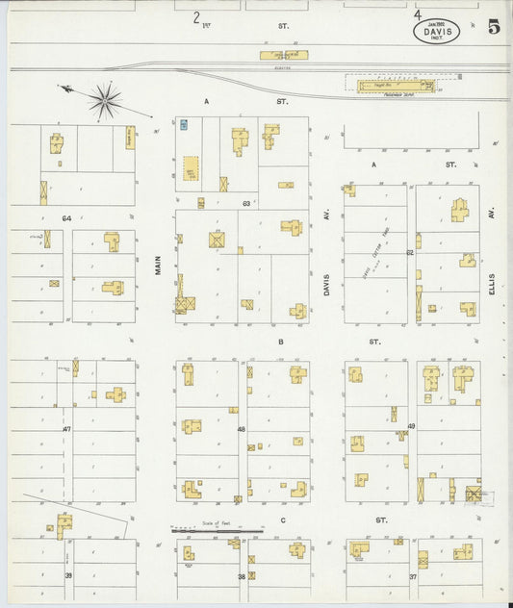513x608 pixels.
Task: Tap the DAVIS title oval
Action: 436,32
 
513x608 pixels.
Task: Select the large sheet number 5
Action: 494,26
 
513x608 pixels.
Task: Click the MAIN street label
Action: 158,265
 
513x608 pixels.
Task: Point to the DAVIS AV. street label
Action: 327,280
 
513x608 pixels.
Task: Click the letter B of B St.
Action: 281,342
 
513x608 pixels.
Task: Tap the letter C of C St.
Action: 284,520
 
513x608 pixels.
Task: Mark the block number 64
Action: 66,218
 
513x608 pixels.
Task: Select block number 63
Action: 246,204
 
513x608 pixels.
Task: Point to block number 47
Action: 67,428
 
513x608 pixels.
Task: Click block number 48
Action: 242,429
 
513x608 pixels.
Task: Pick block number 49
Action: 411,425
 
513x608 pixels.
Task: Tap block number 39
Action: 68,575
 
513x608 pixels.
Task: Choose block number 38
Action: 242,575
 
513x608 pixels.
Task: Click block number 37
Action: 412,575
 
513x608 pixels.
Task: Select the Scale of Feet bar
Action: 217,530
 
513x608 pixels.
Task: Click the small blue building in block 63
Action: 183,124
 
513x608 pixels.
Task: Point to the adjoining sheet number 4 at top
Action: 417,14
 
